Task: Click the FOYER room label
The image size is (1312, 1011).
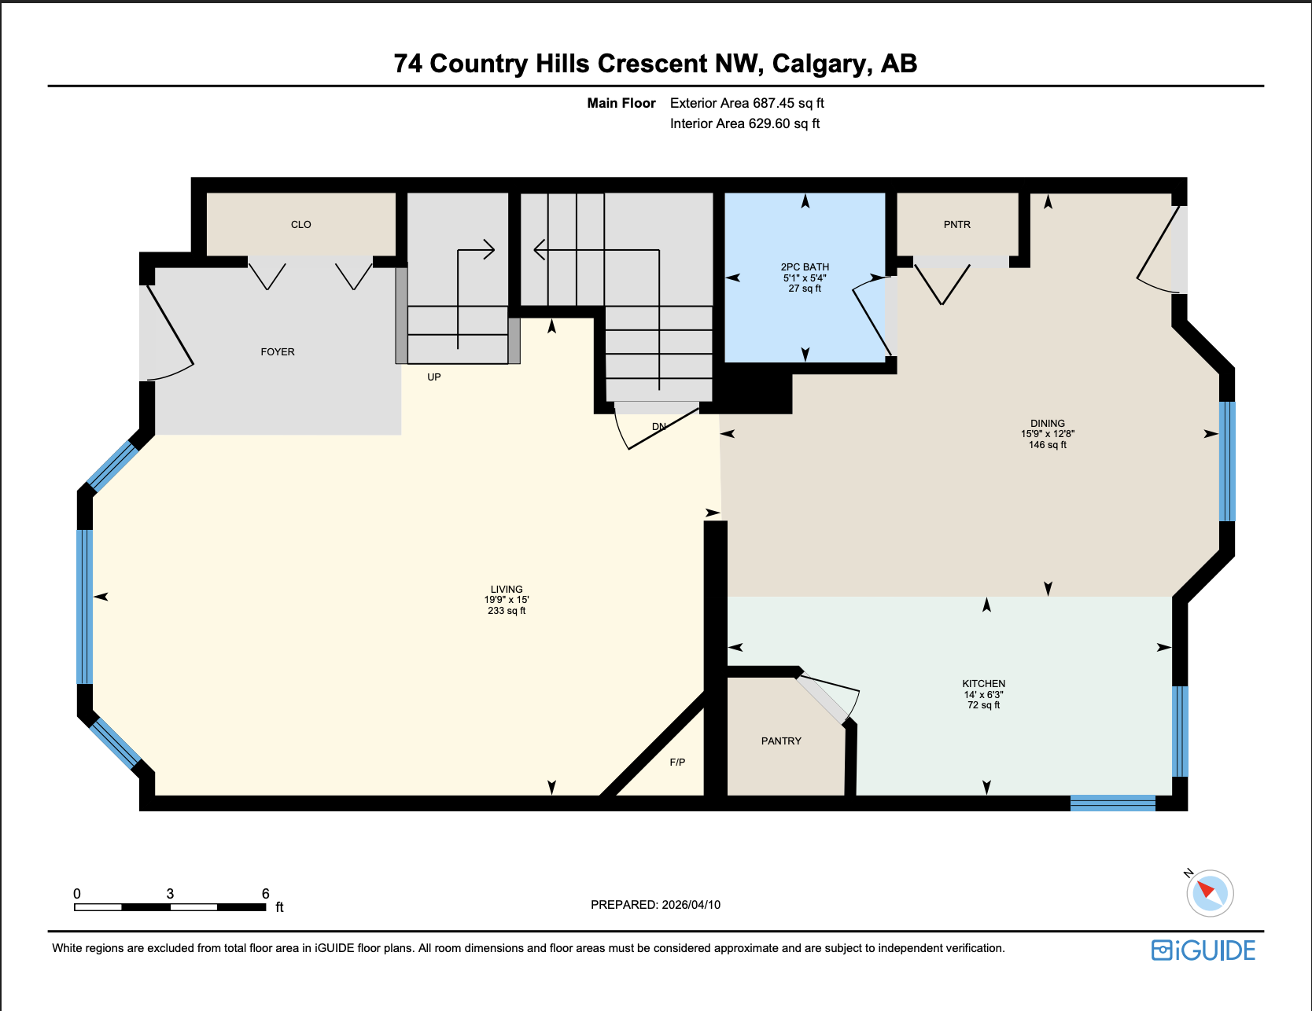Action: [x=278, y=352]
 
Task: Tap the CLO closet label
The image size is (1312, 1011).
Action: [x=301, y=225]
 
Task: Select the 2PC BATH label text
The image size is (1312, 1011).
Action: [x=805, y=267]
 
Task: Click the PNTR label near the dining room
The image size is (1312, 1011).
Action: [x=956, y=225]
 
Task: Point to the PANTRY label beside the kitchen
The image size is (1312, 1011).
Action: [x=781, y=741]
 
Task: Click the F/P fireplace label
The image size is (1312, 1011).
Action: [x=677, y=763]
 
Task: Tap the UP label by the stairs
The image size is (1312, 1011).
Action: [x=433, y=377]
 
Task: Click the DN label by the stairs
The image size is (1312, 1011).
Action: [x=659, y=427]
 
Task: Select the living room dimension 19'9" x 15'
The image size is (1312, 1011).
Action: [x=507, y=600]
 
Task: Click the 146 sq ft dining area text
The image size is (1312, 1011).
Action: [x=1048, y=445]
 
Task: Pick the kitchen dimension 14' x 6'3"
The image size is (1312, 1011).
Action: [x=983, y=695]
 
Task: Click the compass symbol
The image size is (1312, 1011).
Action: [x=1210, y=893]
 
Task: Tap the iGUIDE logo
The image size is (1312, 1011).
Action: [x=1203, y=950]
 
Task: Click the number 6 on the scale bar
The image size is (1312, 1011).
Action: [x=266, y=894]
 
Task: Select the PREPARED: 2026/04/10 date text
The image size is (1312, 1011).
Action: [x=655, y=905]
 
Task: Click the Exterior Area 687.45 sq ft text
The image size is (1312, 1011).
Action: [x=746, y=103]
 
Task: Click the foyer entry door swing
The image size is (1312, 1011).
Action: [x=169, y=334]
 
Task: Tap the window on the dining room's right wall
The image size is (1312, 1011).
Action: [x=1226, y=461]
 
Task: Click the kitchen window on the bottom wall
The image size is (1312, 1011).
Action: [x=1112, y=803]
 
